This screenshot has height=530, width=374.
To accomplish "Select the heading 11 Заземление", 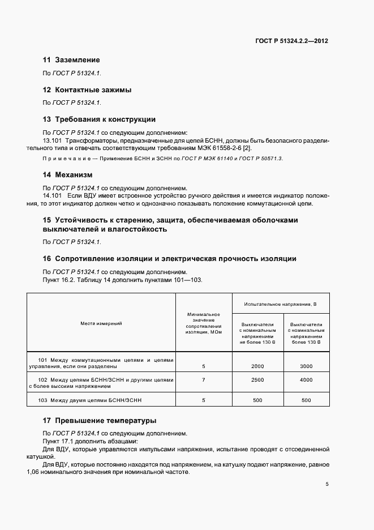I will [x=71, y=59].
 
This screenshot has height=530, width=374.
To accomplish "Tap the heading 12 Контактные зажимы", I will [x=87, y=89].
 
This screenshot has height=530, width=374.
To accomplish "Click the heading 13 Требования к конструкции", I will [x=99, y=119].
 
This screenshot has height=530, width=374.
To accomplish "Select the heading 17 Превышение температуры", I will [x=100, y=421].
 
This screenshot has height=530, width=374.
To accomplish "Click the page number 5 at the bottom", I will [x=327, y=484].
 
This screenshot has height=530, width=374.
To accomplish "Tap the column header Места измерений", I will [x=101, y=323].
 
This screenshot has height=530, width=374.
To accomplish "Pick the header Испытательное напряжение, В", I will [x=280, y=304].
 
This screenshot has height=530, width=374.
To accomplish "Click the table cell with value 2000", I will [x=257, y=366].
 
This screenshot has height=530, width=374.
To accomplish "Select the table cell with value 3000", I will [x=306, y=366].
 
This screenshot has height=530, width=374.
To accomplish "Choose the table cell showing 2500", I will [x=257, y=380].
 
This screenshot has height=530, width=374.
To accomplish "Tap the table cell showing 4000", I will [x=306, y=380].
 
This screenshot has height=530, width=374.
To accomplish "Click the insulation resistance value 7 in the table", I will [x=203, y=380].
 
